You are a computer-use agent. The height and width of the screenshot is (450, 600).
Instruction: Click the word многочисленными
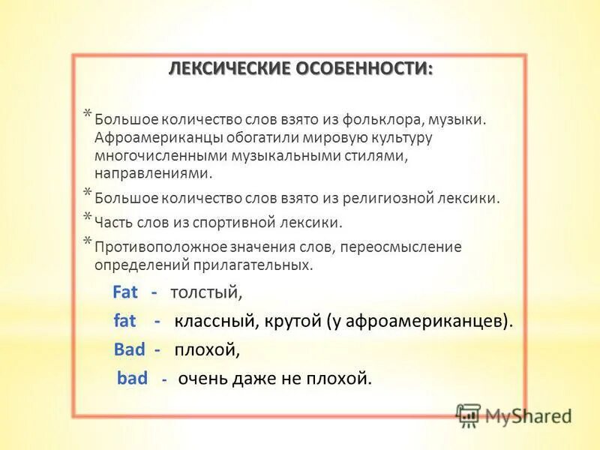[152, 156]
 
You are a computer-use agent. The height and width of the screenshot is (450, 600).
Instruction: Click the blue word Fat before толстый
[125, 292]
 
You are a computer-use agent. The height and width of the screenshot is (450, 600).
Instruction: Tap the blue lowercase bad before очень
[132, 379]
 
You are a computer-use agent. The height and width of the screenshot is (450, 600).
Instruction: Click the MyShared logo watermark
[514, 415]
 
